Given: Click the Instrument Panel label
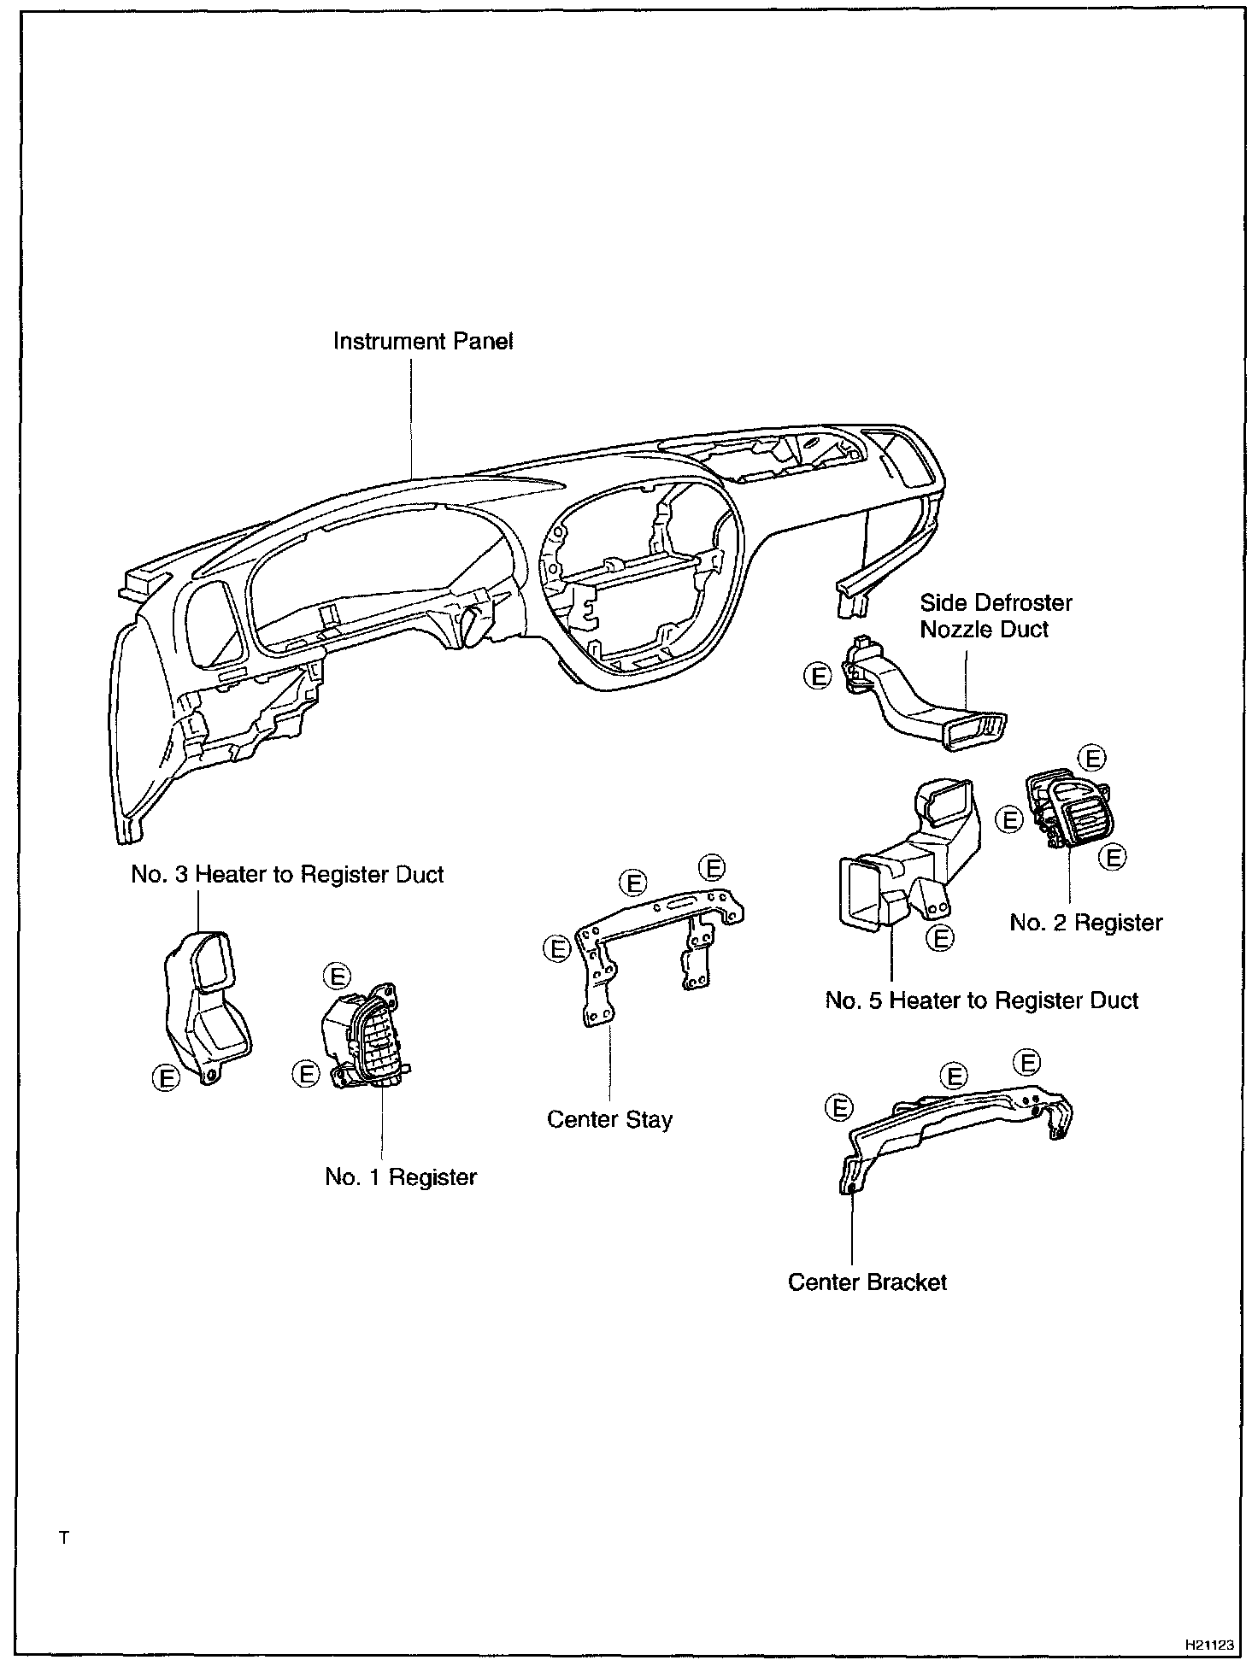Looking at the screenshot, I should tap(423, 342).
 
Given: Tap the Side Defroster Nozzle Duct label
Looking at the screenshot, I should tap(995, 616).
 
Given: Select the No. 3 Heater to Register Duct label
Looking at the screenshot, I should tap(287, 875).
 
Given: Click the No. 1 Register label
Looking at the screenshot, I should tap(400, 1176).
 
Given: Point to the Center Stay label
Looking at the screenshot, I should tap(609, 1119).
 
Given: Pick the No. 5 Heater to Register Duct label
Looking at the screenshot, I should tap(981, 1000).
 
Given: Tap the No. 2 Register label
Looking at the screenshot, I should tap(1085, 923).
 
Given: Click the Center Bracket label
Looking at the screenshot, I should tap(867, 1282).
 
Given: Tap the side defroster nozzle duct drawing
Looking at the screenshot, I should tap(923, 701).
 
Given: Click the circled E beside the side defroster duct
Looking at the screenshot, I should tap(818, 677).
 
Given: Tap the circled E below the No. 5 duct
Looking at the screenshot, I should tap(940, 938).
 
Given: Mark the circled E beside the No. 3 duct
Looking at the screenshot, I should tap(167, 1077).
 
